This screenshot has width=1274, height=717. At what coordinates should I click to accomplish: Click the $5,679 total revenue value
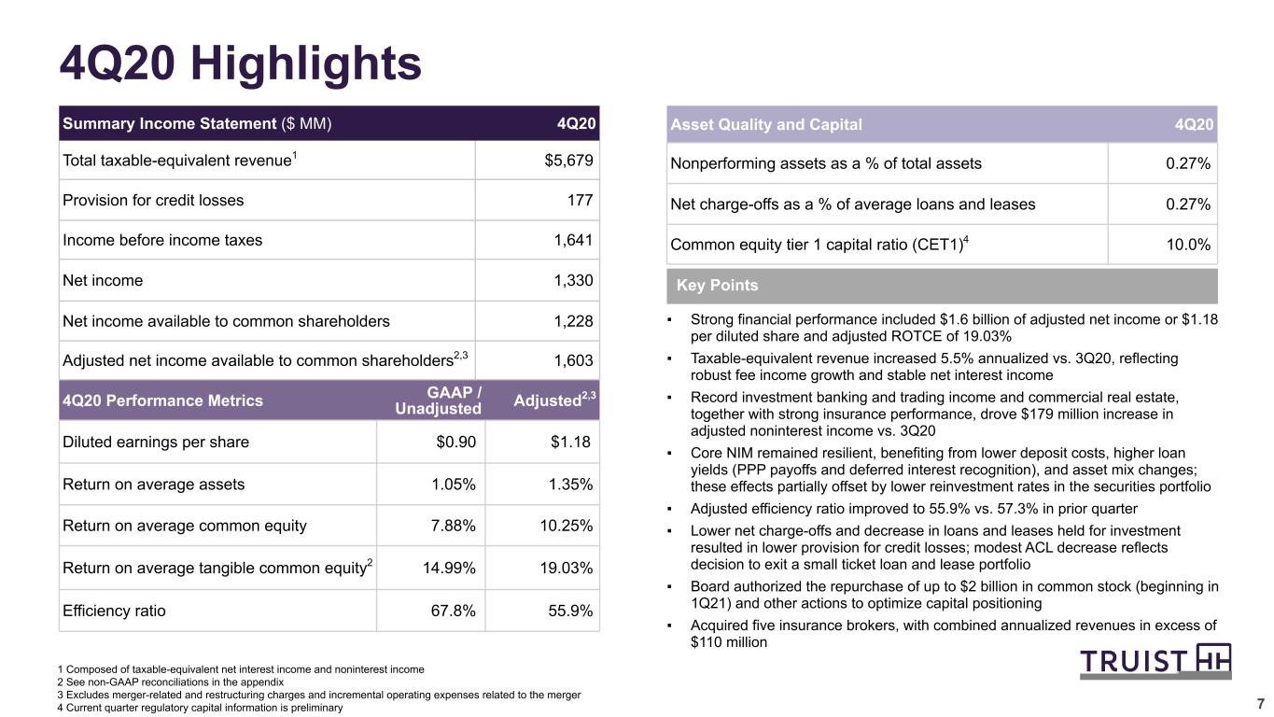pos(568,161)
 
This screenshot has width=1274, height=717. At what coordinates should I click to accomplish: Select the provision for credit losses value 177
pos(581,201)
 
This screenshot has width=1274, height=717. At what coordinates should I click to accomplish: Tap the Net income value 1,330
pos(573,280)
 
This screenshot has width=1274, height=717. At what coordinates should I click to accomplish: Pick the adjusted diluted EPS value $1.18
pos(570,443)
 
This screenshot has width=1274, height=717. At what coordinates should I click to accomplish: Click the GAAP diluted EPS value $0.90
pos(455,443)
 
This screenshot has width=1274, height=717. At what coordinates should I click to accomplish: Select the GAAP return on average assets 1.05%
pos(454,485)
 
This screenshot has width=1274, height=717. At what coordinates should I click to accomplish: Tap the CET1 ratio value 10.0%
pos(1188,245)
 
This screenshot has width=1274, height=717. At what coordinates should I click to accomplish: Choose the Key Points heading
pos(717,285)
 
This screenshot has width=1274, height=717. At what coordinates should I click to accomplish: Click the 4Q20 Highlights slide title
pos(241,63)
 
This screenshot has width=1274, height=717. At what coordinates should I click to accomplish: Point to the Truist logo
pos(1155,661)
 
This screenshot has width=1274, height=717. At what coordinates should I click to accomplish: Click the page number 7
pos(1260,704)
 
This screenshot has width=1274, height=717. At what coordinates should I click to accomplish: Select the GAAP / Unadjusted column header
pos(438,401)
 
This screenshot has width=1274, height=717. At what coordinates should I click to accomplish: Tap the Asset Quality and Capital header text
pos(766,124)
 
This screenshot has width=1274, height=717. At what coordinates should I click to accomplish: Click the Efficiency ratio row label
pos(114,611)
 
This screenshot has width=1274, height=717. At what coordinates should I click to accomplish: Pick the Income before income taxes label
pos(162,240)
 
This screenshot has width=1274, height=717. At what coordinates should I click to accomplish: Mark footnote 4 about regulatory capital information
pos(200,708)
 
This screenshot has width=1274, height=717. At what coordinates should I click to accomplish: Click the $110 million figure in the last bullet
pos(729,642)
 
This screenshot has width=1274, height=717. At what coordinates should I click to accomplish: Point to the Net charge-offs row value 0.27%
pos(1188,204)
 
